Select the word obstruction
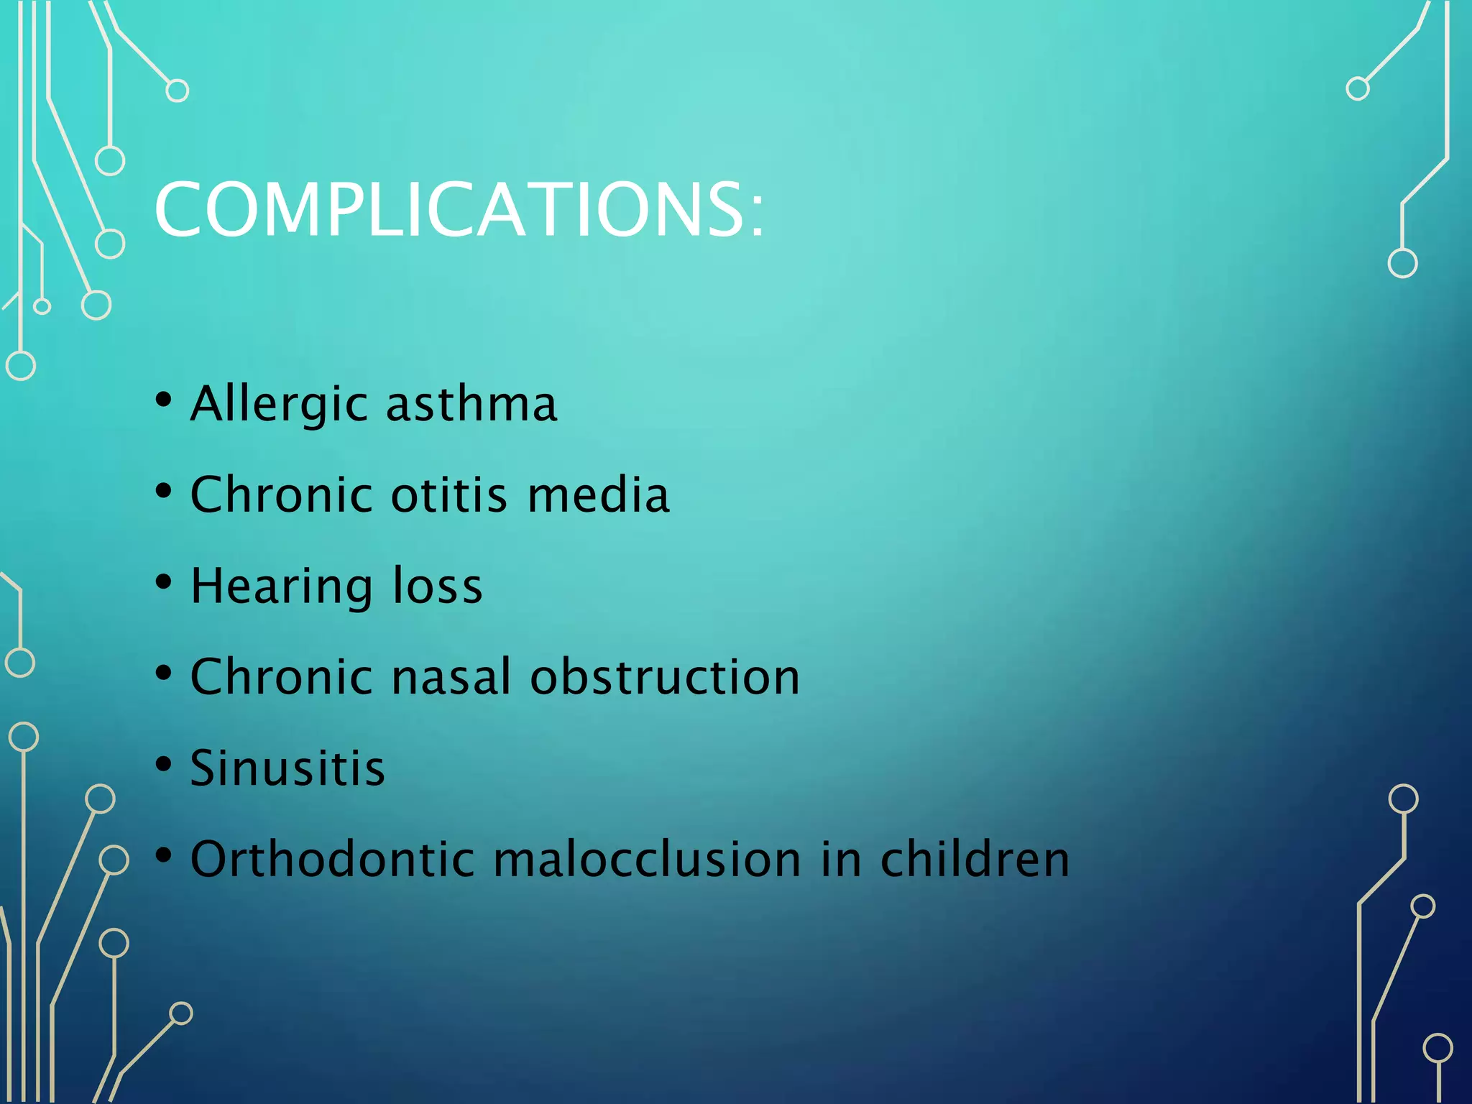pyautogui.click(x=665, y=677)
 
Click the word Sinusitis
pyautogui.click(x=287, y=768)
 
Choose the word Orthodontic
pyautogui.click(x=333, y=859)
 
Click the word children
pyautogui.click(x=975, y=859)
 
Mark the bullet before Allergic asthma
pyautogui.click(x=164, y=400)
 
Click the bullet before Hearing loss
pyautogui.click(x=164, y=582)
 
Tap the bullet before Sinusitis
pyautogui.click(x=164, y=764)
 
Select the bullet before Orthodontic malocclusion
pyautogui.click(x=164, y=855)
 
